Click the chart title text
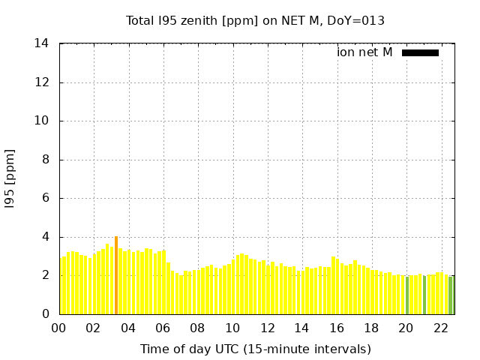tap(255, 21)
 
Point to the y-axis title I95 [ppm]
tap(10, 178)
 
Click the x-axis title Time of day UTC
tap(255, 349)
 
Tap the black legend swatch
tap(420, 52)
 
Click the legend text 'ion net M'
tap(364, 52)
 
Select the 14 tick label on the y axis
tap(42, 43)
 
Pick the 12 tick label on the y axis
tap(42, 82)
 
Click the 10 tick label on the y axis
tap(42, 121)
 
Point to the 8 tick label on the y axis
tap(46, 160)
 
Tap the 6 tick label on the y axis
tap(46, 198)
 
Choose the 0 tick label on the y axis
tap(46, 314)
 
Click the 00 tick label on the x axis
tap(58, 328)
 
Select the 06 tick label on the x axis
tap(163, 328)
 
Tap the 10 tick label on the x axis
tap(232, 328)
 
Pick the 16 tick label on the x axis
tap(337, 328)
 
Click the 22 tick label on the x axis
tap(441, 328)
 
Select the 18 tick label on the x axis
tap(371, 328)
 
